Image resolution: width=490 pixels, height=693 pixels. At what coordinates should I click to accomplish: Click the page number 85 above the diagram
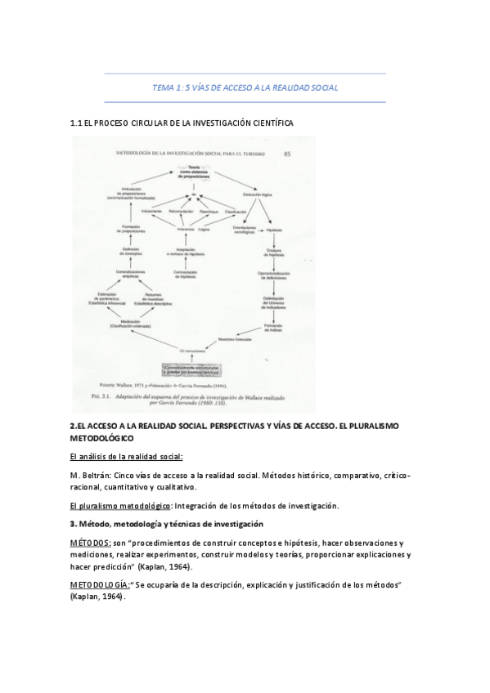point(286,153)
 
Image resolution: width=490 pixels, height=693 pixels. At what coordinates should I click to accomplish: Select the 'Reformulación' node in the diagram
point(179,212)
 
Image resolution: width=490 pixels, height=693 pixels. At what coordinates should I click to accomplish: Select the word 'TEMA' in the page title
point(164,87)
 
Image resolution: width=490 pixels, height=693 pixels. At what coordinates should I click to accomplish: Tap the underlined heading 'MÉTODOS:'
point(90,543)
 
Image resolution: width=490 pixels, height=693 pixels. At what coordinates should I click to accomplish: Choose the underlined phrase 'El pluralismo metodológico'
point(120,506)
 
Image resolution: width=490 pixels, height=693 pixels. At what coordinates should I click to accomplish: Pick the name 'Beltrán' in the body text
point(97,476)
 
